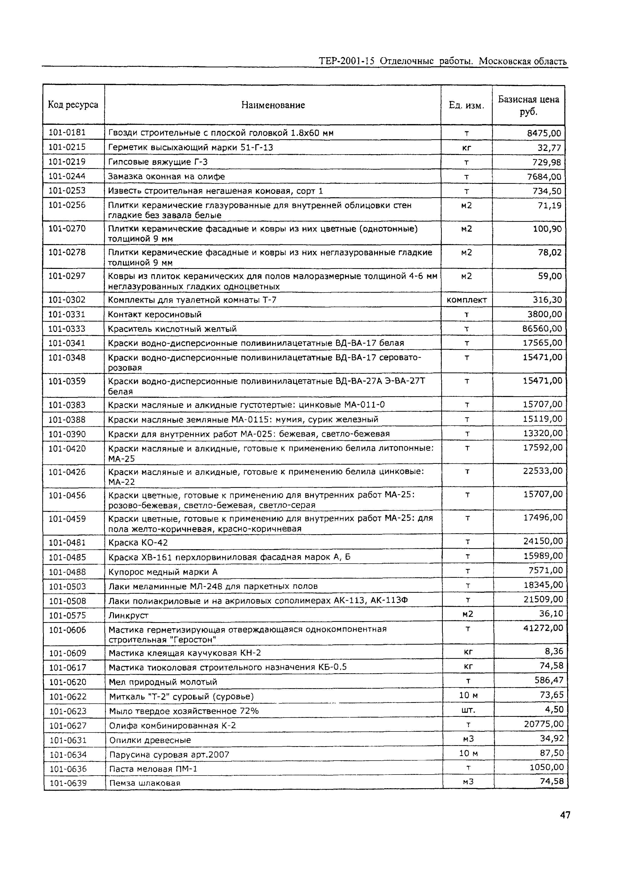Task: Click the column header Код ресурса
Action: click(73, 105)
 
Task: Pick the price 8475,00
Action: click(544, 133)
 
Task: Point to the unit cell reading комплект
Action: click(467, 300)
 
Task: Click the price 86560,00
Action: click(542, 328)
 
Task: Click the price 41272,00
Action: click(543, 628)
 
